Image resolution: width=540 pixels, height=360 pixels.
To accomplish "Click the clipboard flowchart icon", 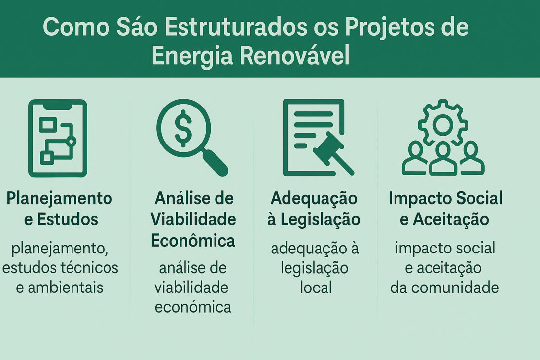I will (58, 138).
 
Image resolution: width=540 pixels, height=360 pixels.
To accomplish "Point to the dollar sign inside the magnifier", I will (183, 128).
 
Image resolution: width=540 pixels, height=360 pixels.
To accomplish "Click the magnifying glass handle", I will (216, 162).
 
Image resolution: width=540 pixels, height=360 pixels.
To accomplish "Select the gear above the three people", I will (443, 123).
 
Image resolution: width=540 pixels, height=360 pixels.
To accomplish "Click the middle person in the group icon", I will (443, 159).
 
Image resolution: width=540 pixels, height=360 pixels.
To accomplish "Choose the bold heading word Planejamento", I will (60, 199).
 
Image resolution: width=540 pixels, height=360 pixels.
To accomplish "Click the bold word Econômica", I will (193, 241).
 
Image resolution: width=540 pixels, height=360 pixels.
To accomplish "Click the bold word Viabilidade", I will (193, 219).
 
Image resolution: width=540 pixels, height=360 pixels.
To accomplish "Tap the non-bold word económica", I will (193, 307).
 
